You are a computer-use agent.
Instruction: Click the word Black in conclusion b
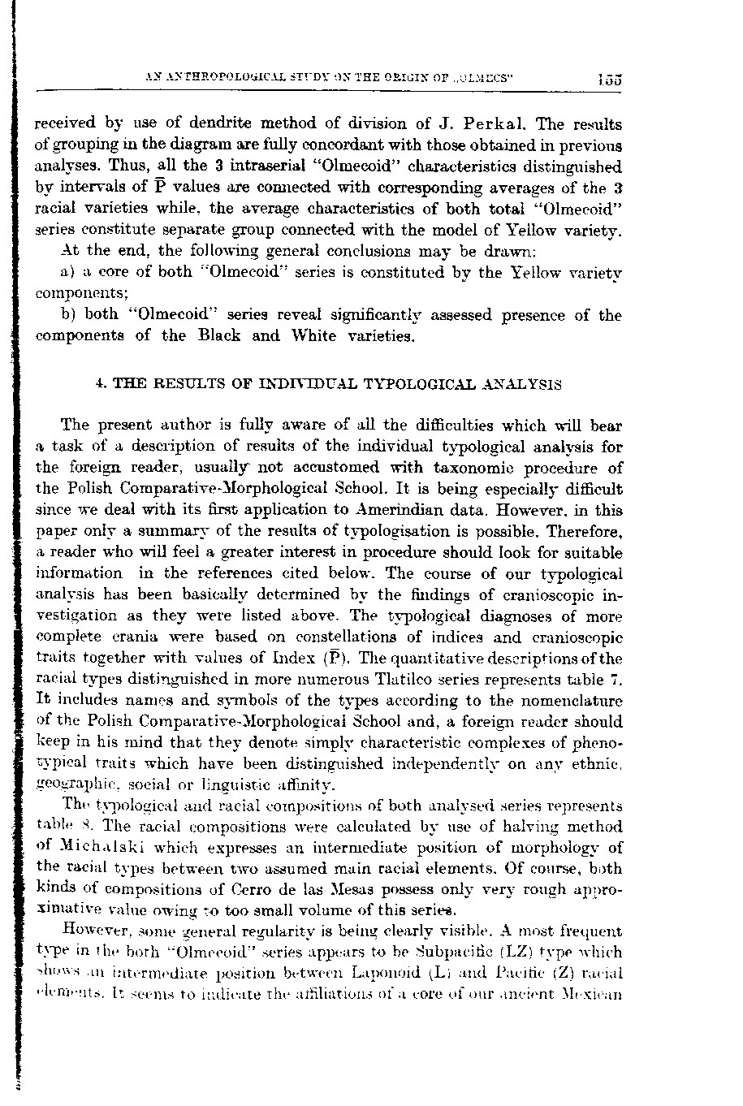pyautogui.click(x=221, y=335)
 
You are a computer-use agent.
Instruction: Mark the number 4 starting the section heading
pyautogui.click(x=98, y=384)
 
